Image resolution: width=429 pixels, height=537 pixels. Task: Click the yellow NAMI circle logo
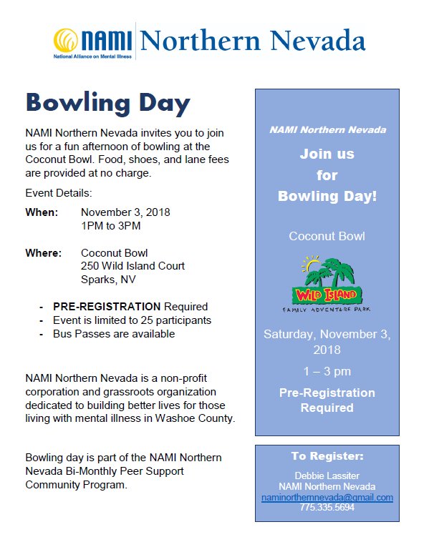[68, 40]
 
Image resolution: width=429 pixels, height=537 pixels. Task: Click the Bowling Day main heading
[108, 102]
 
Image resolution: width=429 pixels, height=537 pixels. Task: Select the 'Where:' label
[43, 253]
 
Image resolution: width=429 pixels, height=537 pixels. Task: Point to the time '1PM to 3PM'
[111, 226]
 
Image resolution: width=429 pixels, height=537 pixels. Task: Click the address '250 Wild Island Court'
[132, 266]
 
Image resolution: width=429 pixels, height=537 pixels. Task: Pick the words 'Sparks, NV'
[108, 280]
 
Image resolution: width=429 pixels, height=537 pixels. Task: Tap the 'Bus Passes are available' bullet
[114, 334]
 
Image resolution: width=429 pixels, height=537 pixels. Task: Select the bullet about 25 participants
[132, 320]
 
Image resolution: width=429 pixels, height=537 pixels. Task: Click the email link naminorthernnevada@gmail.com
[327, 498]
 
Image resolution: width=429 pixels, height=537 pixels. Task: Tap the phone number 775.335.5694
[327, 508]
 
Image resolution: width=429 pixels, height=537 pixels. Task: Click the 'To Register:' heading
[327, 456]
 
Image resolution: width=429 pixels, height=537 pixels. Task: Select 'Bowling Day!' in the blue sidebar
[327, 196]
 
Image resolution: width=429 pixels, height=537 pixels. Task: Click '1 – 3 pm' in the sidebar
[327, 372]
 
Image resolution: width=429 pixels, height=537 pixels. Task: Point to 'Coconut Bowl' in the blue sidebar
[327, 236]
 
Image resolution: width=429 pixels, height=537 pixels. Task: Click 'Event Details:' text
[59, 193]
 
